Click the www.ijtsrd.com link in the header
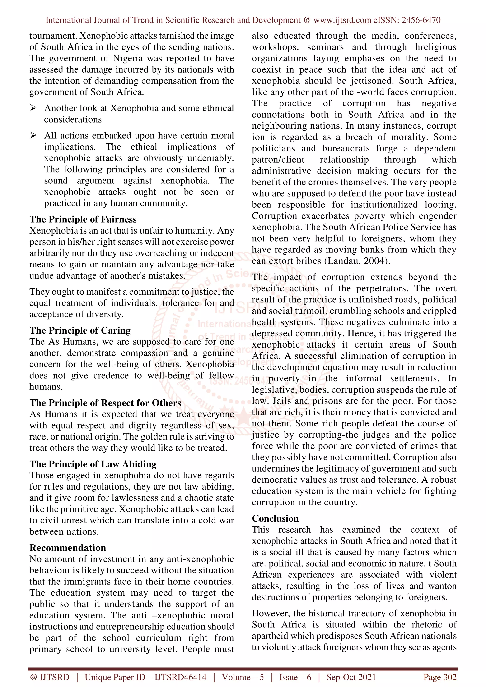pyautogui.click(x=342, y=20)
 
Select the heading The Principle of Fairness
pyautogui.click(x=83, y=219)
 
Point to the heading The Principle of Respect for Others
pyautogui.click(x=105, y=403)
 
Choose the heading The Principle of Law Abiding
pyautogui.click(x=93, y=464)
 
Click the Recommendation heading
pyautogui.click(x=68, y=548)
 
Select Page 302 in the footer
pyautogui.click(x=439, y=677)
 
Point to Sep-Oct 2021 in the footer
pyautogui.click(x=351, y=677)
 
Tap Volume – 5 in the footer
pyautogui.click(x=243, y=677)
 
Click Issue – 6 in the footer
pyautogui.click(x=295, y=677)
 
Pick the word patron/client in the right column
pyautogui.click(x=278, y=160)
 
